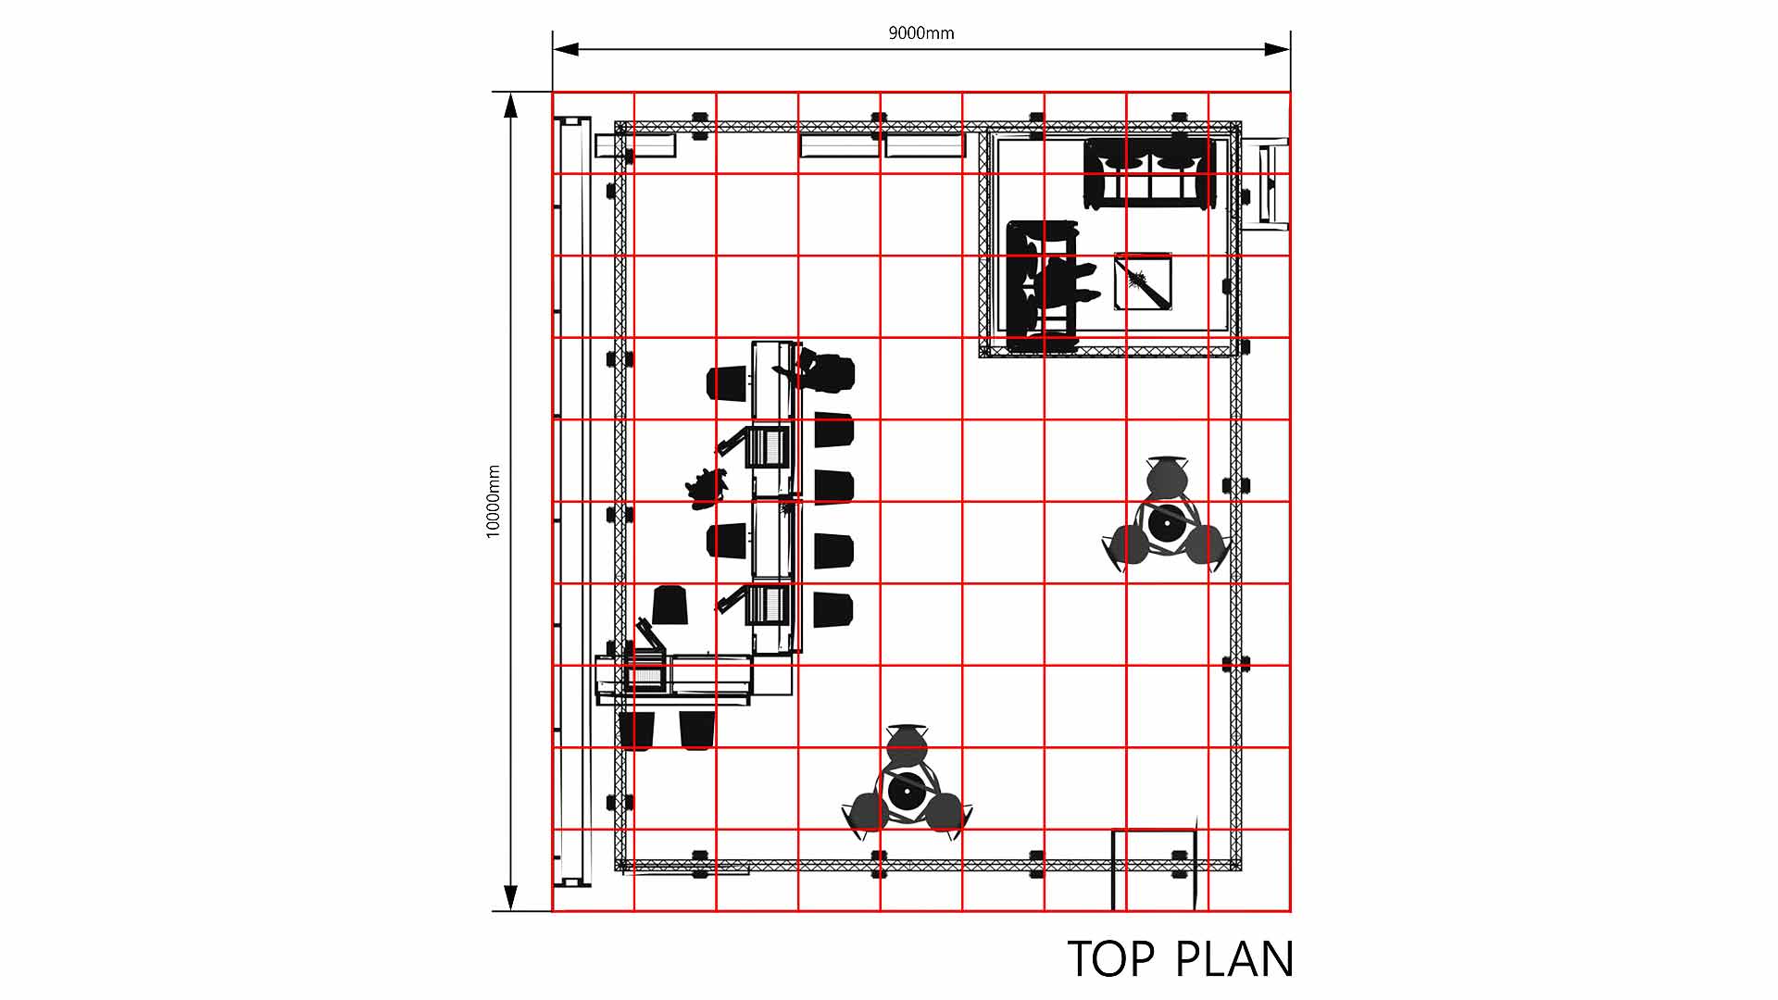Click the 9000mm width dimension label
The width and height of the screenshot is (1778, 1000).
coord(920,33)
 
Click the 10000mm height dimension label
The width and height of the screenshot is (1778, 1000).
coord(494,501)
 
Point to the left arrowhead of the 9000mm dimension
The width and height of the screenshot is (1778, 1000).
coord(566,49)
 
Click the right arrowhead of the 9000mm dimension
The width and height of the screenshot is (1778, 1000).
coord(1277,49)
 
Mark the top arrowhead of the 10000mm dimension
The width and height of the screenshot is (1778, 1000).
coord(510,105)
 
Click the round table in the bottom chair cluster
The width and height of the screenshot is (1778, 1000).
coord(906,791)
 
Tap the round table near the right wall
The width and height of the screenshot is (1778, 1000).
coord(1167,523)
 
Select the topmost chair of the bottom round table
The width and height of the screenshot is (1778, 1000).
coord(905,744)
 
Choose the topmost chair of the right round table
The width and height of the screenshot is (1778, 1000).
coord(1166,476)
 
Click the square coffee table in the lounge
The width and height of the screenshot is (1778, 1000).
coord(1143,281)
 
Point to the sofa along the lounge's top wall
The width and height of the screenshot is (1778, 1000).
coord(1149,174)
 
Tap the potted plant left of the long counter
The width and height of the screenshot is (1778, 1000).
coord(707,488)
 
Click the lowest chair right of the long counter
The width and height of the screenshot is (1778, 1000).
coord(833,610)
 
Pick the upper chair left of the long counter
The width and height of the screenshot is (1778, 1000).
coord(727,383)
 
